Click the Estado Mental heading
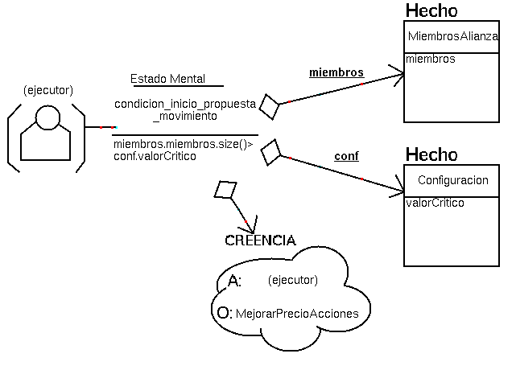click(x=167, y=79)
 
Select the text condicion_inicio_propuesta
click(x=185, y=105)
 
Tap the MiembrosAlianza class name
click(x=453, y=36)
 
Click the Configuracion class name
click(x=453, y=181)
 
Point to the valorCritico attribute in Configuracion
click(x=435, y=203)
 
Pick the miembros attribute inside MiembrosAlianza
click(x=431, y=59)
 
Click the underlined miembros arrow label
click(x=336, y=72)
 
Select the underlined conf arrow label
click(x=346, y=156)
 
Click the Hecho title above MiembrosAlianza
click(x=431, y=10)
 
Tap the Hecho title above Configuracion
click(x=431, y=154)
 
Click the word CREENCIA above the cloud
click(x=260, y=241)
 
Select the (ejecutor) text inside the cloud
click(x=292, y=280)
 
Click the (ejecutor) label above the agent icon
click(x=48, y=88)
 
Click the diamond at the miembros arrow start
click(x=269, y=107)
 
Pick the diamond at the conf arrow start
click(x=272, y=150)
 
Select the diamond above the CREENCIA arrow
click(x=225, y=190)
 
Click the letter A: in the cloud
click(x=235, y=281)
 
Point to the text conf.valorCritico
click(x=155, y=155)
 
